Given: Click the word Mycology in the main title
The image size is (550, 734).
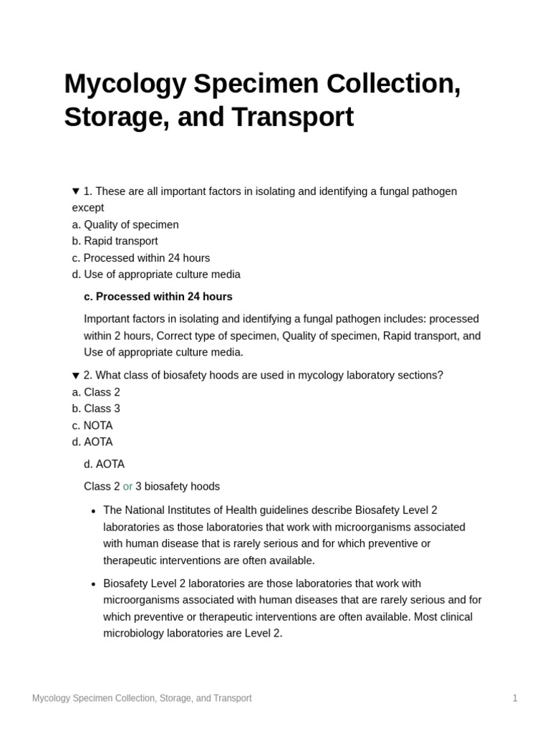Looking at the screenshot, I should (125, 84).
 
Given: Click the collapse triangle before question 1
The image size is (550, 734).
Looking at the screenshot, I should (76, 191).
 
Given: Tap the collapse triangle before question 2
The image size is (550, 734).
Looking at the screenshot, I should (76, 376).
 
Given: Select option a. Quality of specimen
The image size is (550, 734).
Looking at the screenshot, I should (125, 224).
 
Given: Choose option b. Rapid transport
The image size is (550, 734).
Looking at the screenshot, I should (115, 241).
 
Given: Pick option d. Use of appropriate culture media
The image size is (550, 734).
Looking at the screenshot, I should (156, 274).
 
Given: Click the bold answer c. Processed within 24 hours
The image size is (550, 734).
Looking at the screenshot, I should (158, 296).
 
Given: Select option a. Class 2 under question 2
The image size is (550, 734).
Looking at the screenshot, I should (96, 392).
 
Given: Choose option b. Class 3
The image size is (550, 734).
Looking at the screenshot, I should (96, 409).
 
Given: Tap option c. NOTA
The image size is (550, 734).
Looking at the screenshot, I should (92, 425).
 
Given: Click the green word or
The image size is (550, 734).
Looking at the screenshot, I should (127, 486).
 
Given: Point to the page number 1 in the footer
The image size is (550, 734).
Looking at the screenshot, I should (514, 697).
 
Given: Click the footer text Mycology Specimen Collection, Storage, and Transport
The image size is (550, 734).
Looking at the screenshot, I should (142, 697).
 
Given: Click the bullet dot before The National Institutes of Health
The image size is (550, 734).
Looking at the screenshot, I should (93, 511).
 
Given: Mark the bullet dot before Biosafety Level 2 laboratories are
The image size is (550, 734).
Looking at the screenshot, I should (93, 584).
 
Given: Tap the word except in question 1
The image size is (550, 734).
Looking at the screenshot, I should (88, 208).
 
